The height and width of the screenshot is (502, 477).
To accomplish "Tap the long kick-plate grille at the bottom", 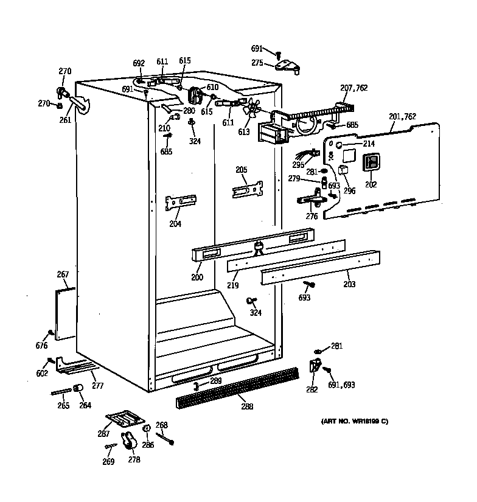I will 237,387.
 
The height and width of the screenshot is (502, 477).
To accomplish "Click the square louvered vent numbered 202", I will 371,162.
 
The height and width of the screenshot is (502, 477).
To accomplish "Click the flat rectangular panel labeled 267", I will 65,313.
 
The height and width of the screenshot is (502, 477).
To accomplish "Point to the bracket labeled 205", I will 248,189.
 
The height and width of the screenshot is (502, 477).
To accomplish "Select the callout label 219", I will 232,285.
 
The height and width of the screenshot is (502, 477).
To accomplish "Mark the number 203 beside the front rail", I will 349,284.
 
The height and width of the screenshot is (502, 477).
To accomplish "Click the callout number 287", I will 103,434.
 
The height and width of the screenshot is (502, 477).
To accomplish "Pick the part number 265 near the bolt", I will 63,405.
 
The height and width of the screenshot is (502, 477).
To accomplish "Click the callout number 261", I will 65,120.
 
